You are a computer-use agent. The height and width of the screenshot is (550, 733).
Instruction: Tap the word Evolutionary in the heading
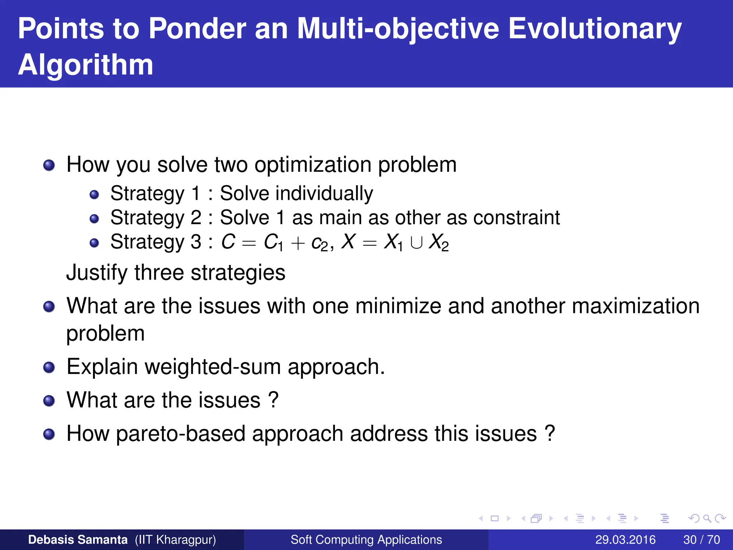(595, 29)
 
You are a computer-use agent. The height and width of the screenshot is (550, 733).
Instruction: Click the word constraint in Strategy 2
(516, 217)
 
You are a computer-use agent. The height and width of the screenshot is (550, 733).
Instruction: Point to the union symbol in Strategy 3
(416, 243)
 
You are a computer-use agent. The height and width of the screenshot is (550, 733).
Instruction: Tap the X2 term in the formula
(439, 243)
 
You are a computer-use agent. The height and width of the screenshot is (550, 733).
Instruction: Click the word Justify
(97, 273)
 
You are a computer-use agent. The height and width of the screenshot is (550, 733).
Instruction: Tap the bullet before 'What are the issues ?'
(49, 401)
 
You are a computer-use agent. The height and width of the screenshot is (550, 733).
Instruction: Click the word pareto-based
(181, 434)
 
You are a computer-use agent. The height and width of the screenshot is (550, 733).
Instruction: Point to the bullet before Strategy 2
(94, 218)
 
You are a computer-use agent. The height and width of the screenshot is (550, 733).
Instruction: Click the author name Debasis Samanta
(78, 540)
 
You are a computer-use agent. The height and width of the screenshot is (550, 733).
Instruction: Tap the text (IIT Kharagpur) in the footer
(175, 540)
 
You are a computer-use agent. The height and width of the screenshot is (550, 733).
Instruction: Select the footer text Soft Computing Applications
(366, 540)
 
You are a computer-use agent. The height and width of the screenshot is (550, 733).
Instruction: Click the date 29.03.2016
(625, 540)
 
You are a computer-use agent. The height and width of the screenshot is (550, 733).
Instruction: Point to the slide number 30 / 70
(702, 540)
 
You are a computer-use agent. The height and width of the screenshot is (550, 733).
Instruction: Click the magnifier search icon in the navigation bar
(707, 518)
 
